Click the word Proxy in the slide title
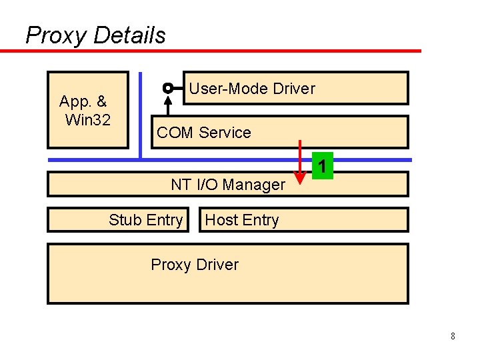click(57, 35)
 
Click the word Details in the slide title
click(129, 35)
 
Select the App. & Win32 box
click(87, 110)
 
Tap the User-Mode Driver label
click(252, 89)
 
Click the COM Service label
click(203, 133)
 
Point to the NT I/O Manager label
click(227, 185)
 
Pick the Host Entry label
click(241, 220)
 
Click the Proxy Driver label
click(195, 265)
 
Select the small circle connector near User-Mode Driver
click(168, 88)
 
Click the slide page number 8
click(453, 336)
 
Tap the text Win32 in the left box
click(87, 120)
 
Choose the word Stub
click(125, 220)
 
